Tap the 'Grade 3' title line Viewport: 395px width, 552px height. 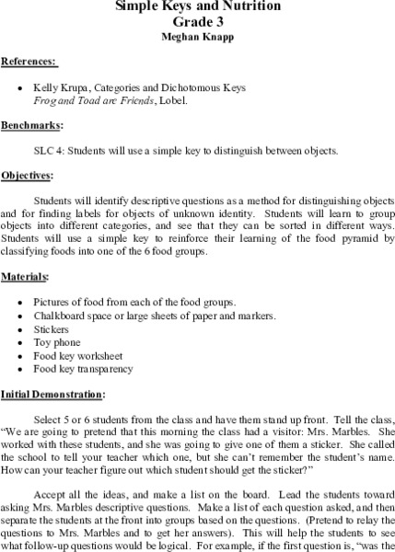tap(198, 23)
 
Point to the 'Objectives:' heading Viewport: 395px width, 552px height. tap(29, 174)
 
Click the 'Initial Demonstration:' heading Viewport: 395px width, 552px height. tap(53, 395)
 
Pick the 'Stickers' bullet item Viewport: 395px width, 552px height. tap(49, 328)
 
